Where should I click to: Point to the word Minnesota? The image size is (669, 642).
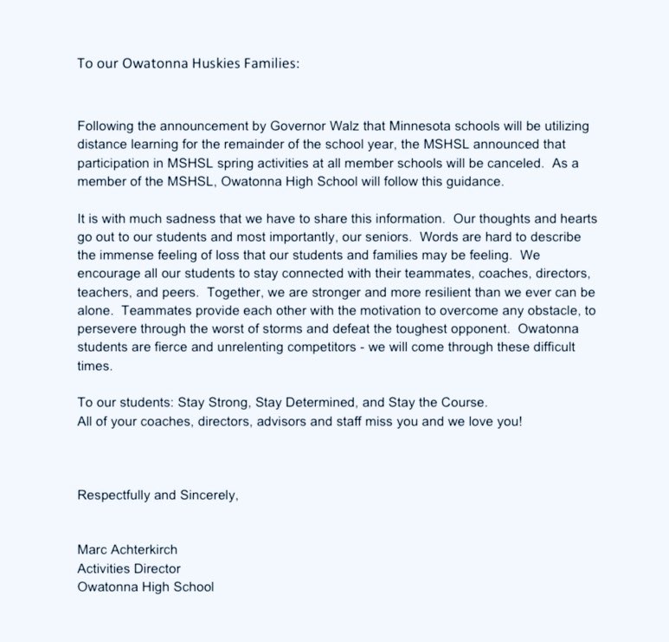[357, 126]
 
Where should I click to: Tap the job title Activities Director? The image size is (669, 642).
[129, 568]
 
